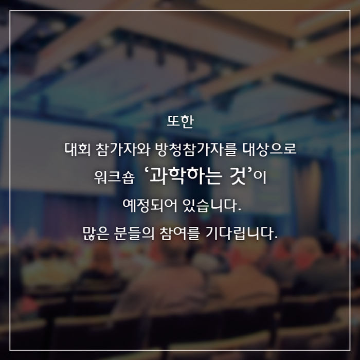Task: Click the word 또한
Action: pos(180,121)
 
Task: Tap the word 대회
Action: pos(77,150)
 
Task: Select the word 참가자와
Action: pos(123,150)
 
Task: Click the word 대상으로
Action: pos(269,150)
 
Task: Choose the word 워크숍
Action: pos(114,178)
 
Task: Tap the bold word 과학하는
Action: pos(186,176)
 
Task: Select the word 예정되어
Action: pos(150,206)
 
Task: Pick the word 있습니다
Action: pos(210,206)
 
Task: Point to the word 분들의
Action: pos(134,233)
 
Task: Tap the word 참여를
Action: pos(181,233)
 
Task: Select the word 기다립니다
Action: pos(240,233)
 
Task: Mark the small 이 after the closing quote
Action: pos(261,178)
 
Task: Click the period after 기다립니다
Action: pos(276,238)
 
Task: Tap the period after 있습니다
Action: pos(240,210)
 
